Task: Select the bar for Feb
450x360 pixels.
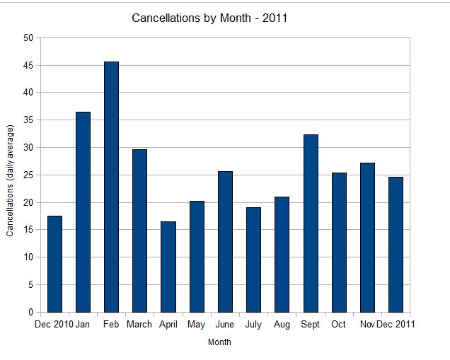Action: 111,187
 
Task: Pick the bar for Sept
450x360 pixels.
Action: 310,223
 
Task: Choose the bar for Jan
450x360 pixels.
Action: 83,212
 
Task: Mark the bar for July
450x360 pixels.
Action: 253,260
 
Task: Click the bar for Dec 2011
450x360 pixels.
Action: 396,245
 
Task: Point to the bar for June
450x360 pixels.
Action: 225,242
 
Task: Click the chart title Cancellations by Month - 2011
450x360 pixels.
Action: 209,18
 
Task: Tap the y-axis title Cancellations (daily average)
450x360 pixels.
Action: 11,180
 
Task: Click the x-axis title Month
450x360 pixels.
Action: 219,342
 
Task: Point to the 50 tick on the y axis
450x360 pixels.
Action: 28,38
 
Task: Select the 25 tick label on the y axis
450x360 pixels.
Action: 28,175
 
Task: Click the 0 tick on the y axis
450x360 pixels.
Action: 30,313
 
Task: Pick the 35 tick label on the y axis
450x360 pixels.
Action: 28,120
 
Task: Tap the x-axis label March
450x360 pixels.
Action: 139,325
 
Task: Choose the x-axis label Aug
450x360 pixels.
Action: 282,325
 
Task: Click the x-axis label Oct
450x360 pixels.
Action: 338,325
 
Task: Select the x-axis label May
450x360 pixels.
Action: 196,325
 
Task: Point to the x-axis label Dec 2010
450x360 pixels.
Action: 54,325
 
